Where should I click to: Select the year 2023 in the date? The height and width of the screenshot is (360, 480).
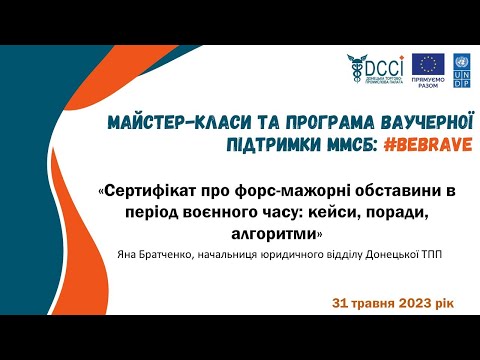tap(403, 302)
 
